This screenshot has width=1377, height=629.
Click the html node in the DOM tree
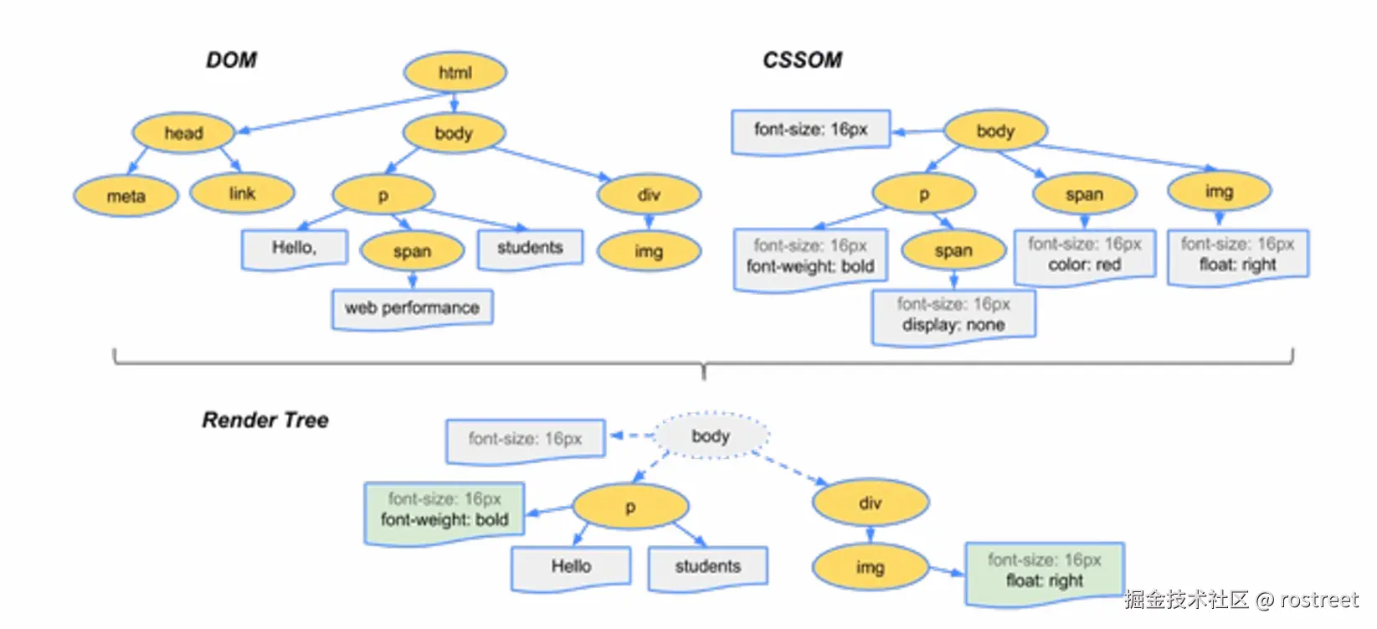click(x=455, y=72)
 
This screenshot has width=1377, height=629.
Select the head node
click(x=183, y=132)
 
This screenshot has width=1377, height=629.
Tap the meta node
click(x=126, y=196)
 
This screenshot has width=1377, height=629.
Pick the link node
click(x=242, y=193)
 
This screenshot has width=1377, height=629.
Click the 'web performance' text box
click(x=412, y=308)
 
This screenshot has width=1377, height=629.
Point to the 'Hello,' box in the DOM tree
click(x=294, y=248)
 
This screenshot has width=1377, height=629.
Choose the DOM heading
click(x=231, y=60)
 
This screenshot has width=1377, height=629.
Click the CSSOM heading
click(x=802, y=60)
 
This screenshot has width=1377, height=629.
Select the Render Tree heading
click(x=265, y=420)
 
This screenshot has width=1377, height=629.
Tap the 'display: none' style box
click(x=953, y=315)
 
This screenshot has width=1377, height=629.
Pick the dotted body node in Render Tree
click(x=711, y=436)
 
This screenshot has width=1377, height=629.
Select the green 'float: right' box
click(x=1044, y=571)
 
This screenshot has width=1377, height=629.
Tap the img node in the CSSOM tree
click(x=1219, y=192)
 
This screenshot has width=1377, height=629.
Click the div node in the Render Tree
click(x=870, y=503)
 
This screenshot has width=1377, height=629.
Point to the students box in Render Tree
click(x=707, y=567)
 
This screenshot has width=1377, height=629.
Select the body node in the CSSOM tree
click(x=994, y=131)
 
